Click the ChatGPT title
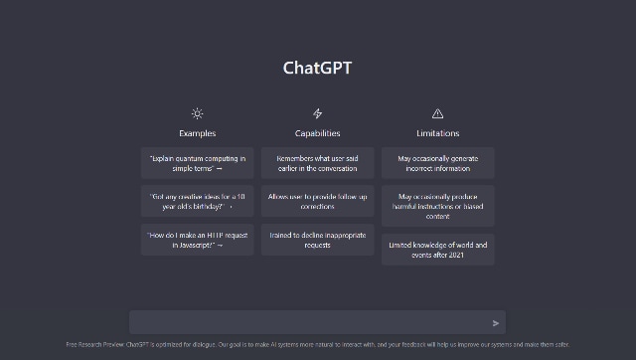point(317,69)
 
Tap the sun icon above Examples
point(197,113)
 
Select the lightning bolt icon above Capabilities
point(317,113)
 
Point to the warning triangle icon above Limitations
point(437,113)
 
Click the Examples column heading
point(197,133)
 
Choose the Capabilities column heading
point(317,133)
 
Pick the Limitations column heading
point(437,133)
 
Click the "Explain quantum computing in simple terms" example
point(197,162)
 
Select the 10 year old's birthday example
point(197,201)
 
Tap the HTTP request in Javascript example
point(197,240)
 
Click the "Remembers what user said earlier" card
point(317,162)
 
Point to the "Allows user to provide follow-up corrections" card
point(317,201)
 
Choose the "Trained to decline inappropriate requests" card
point(317,240)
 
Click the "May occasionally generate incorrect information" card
point(437,162)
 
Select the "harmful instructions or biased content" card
point(437,206)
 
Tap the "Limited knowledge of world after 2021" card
point(437,249)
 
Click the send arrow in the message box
point(496,323)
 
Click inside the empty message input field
point(308,323)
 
